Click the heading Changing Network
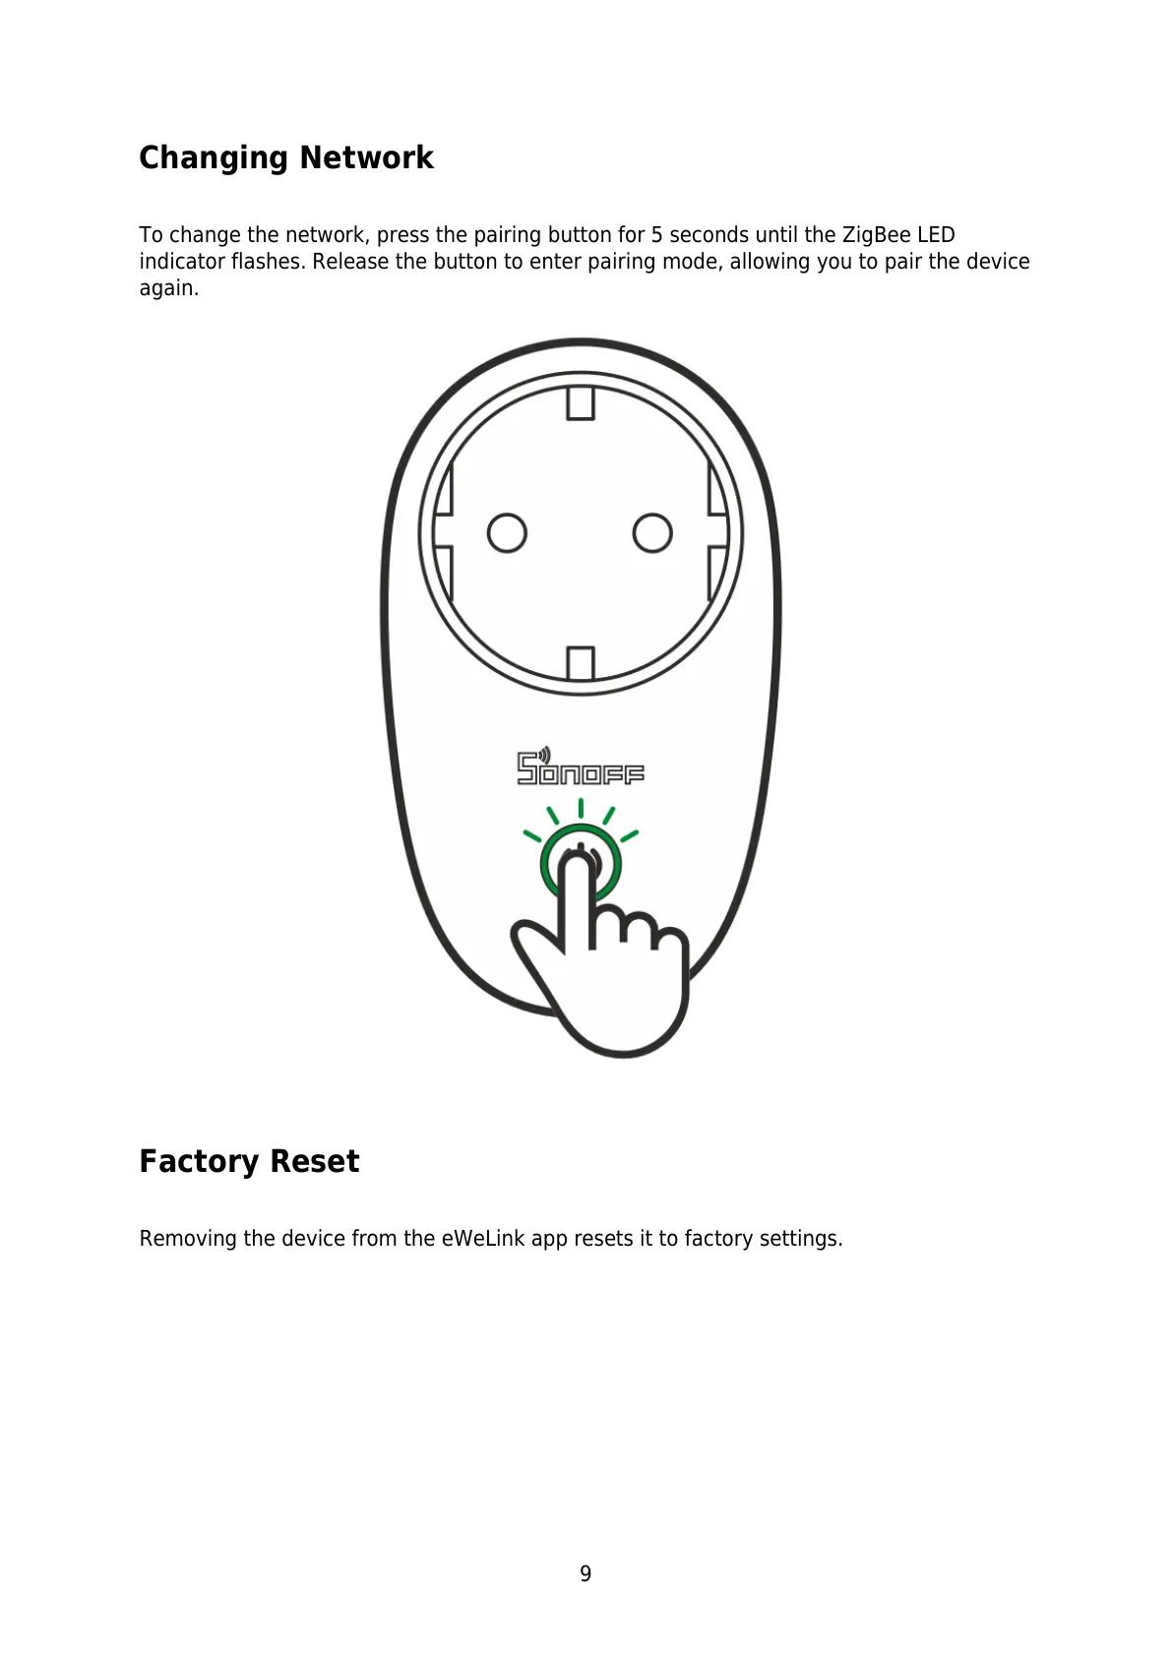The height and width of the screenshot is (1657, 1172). click(285, 157)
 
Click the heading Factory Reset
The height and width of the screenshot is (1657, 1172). click(249, 1161)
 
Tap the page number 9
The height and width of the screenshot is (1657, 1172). click(586, 1573)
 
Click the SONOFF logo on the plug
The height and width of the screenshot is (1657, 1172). click(581, 768)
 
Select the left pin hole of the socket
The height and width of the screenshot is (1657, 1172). click(507, 533)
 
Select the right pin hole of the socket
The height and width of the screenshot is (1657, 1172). click(651, 533)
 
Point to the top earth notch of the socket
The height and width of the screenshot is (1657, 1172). click(581, 402)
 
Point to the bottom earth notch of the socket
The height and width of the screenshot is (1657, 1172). click(581, 662)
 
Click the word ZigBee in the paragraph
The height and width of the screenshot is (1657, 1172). click(877, 235)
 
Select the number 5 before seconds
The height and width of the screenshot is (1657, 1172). click(656, 235)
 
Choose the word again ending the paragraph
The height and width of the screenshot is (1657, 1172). click(168, 288)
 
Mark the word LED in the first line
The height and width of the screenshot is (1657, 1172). click(936, 235)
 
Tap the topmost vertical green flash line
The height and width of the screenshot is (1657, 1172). click(581, 808)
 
